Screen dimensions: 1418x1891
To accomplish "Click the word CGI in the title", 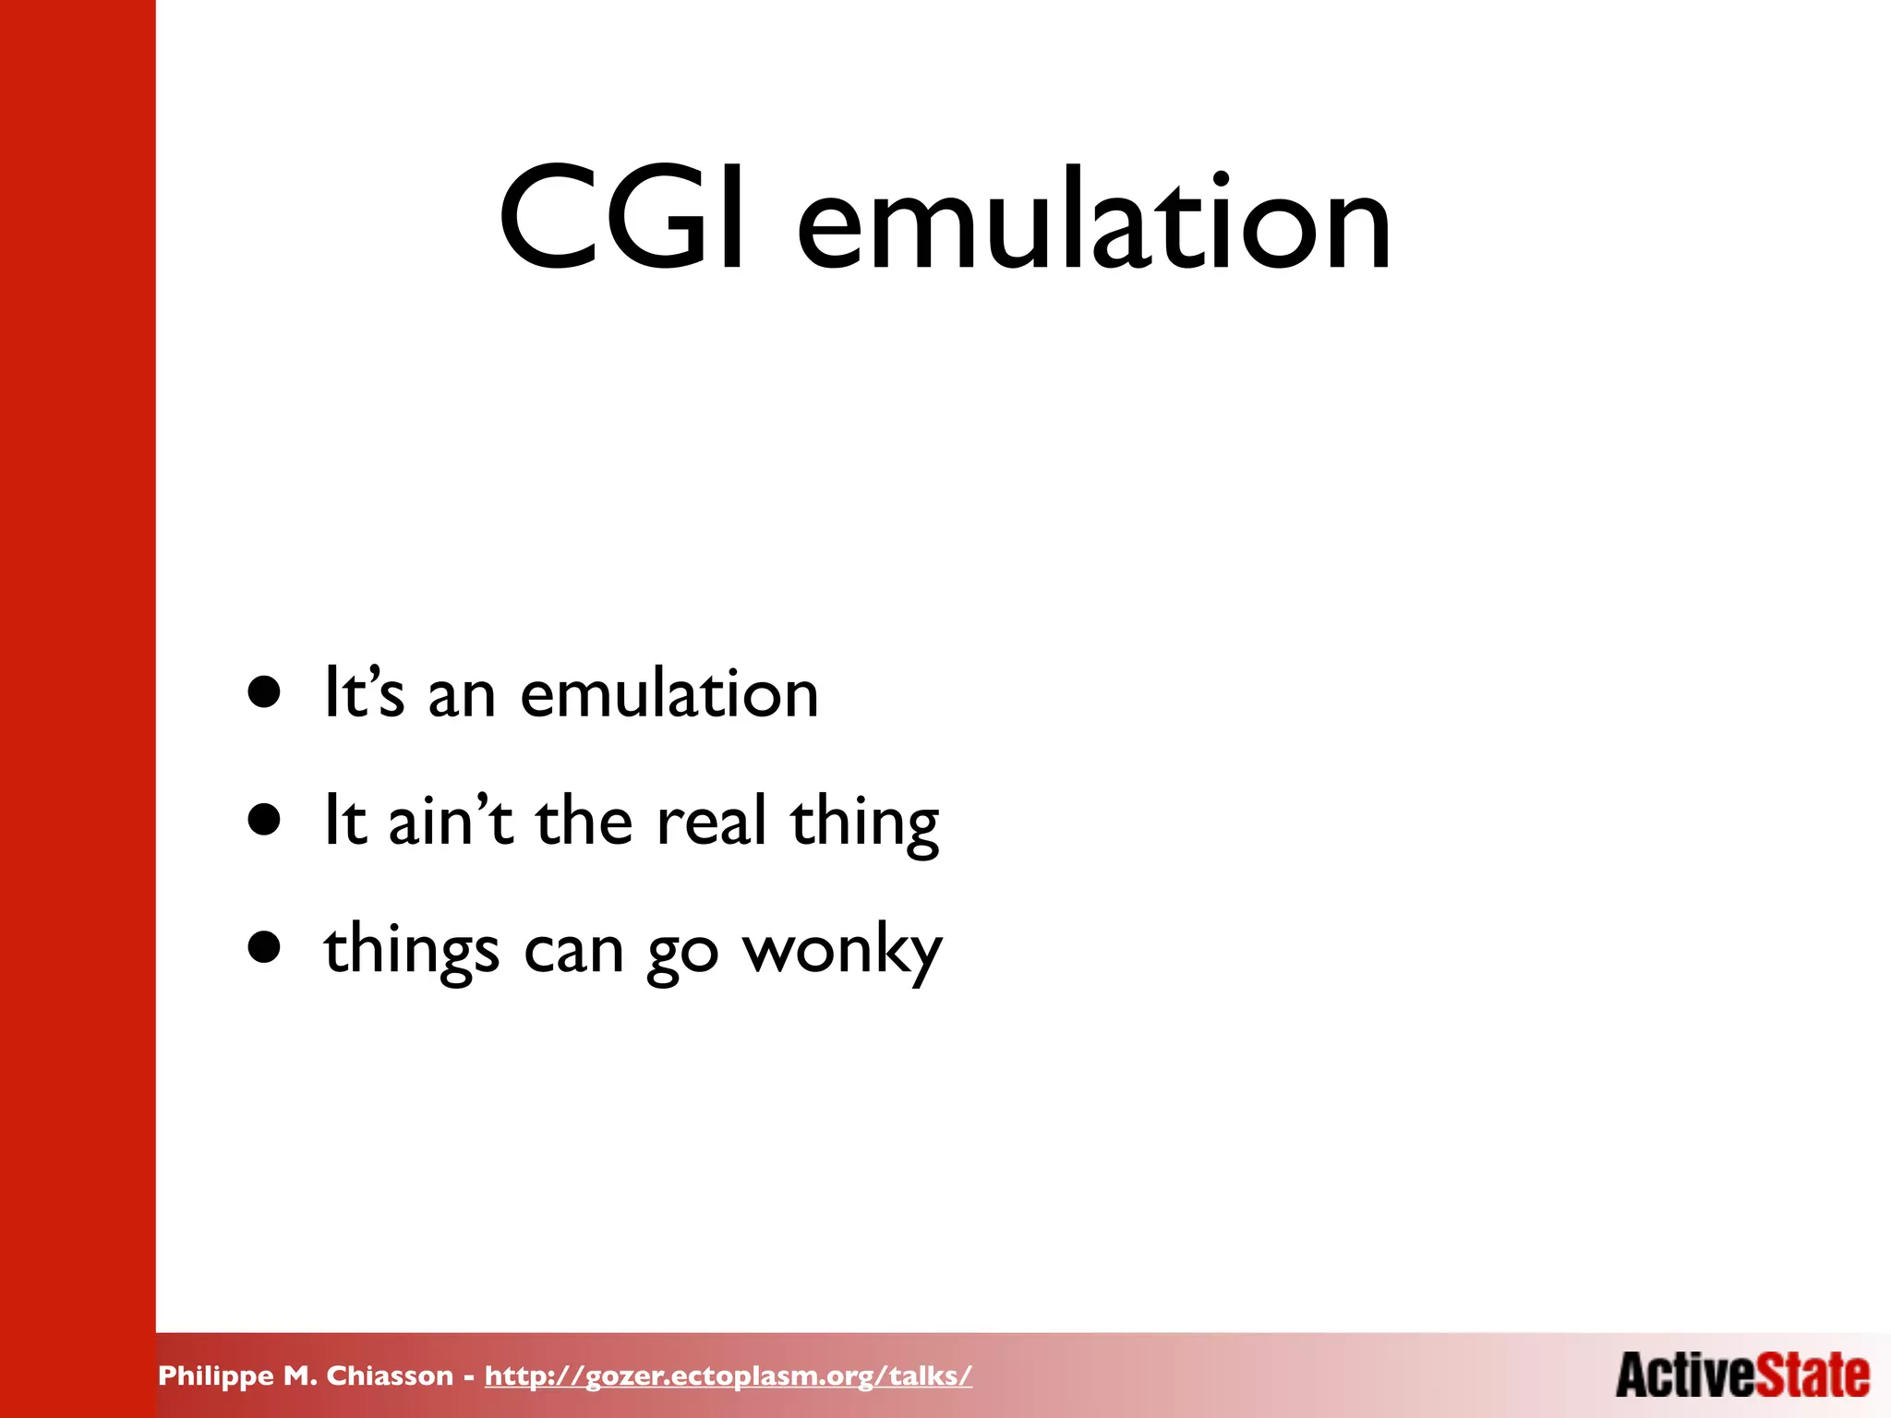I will pyautogui.click(x=620, y=220).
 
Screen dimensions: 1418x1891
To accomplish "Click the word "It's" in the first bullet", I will pyautogui.click(x=364, y=692).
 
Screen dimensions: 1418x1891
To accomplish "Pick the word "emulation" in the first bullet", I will pyautogui.click(x=669, y=694).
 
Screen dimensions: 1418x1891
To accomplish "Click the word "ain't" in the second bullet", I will pyautogui.click(x=450, y=821).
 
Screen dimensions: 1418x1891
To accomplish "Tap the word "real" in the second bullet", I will pyautogui.click(x=711, y=821).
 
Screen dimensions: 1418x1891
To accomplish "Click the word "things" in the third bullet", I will pyautogui.click(x=411, y=952).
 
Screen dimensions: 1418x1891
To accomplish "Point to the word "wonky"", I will pyautogui.click(x=842, y=952).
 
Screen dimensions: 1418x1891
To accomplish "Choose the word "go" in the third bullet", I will pyautogui.click(x=682, y=955).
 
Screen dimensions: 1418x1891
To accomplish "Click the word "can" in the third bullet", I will pyautogui.click(x=573, y=952).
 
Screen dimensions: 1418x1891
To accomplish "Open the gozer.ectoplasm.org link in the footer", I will pyautogui.click(x=729, y=1376).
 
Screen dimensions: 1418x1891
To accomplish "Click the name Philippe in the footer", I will pyautogui.click(x=216, y=1376).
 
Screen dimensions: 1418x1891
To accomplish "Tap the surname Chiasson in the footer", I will pyautogui.click(x=390, y=1376).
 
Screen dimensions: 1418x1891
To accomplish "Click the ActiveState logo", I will pyautogui.click(x=1742, y=1375).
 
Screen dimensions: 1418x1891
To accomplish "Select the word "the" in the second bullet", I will pyautogui.click(x=584, y=821).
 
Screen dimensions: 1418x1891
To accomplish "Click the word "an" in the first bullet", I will pyautogui.click(x=462, y=696).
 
